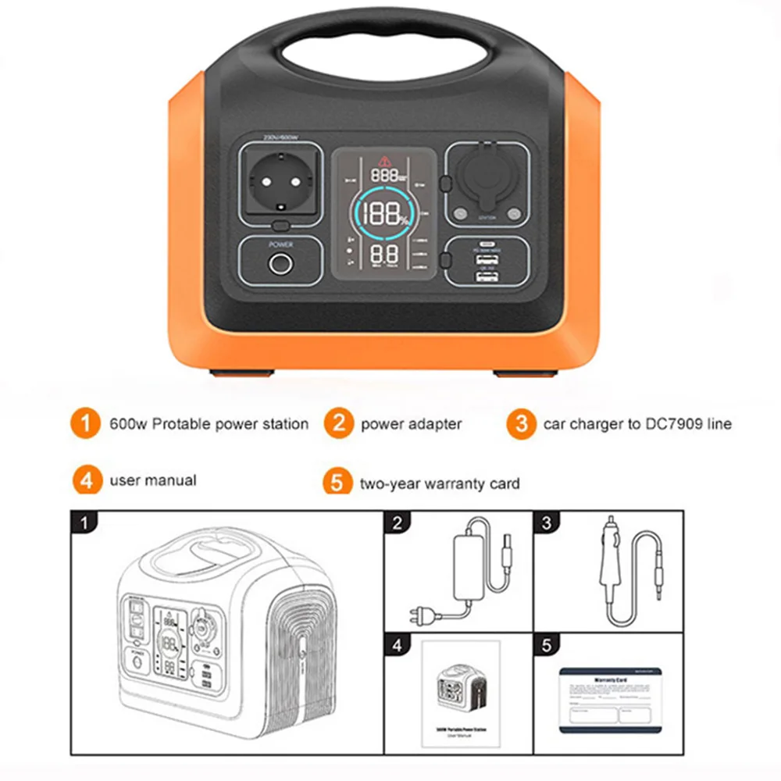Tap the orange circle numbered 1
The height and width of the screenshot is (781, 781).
[86, 424]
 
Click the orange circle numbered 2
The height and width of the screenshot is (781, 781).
[339, 424]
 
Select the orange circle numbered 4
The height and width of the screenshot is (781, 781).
[87, 480]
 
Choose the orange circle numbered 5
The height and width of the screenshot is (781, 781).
[337, 483]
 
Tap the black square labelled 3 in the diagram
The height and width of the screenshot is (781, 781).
[546, 522]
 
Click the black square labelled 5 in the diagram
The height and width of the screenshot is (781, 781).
[546, 645]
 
